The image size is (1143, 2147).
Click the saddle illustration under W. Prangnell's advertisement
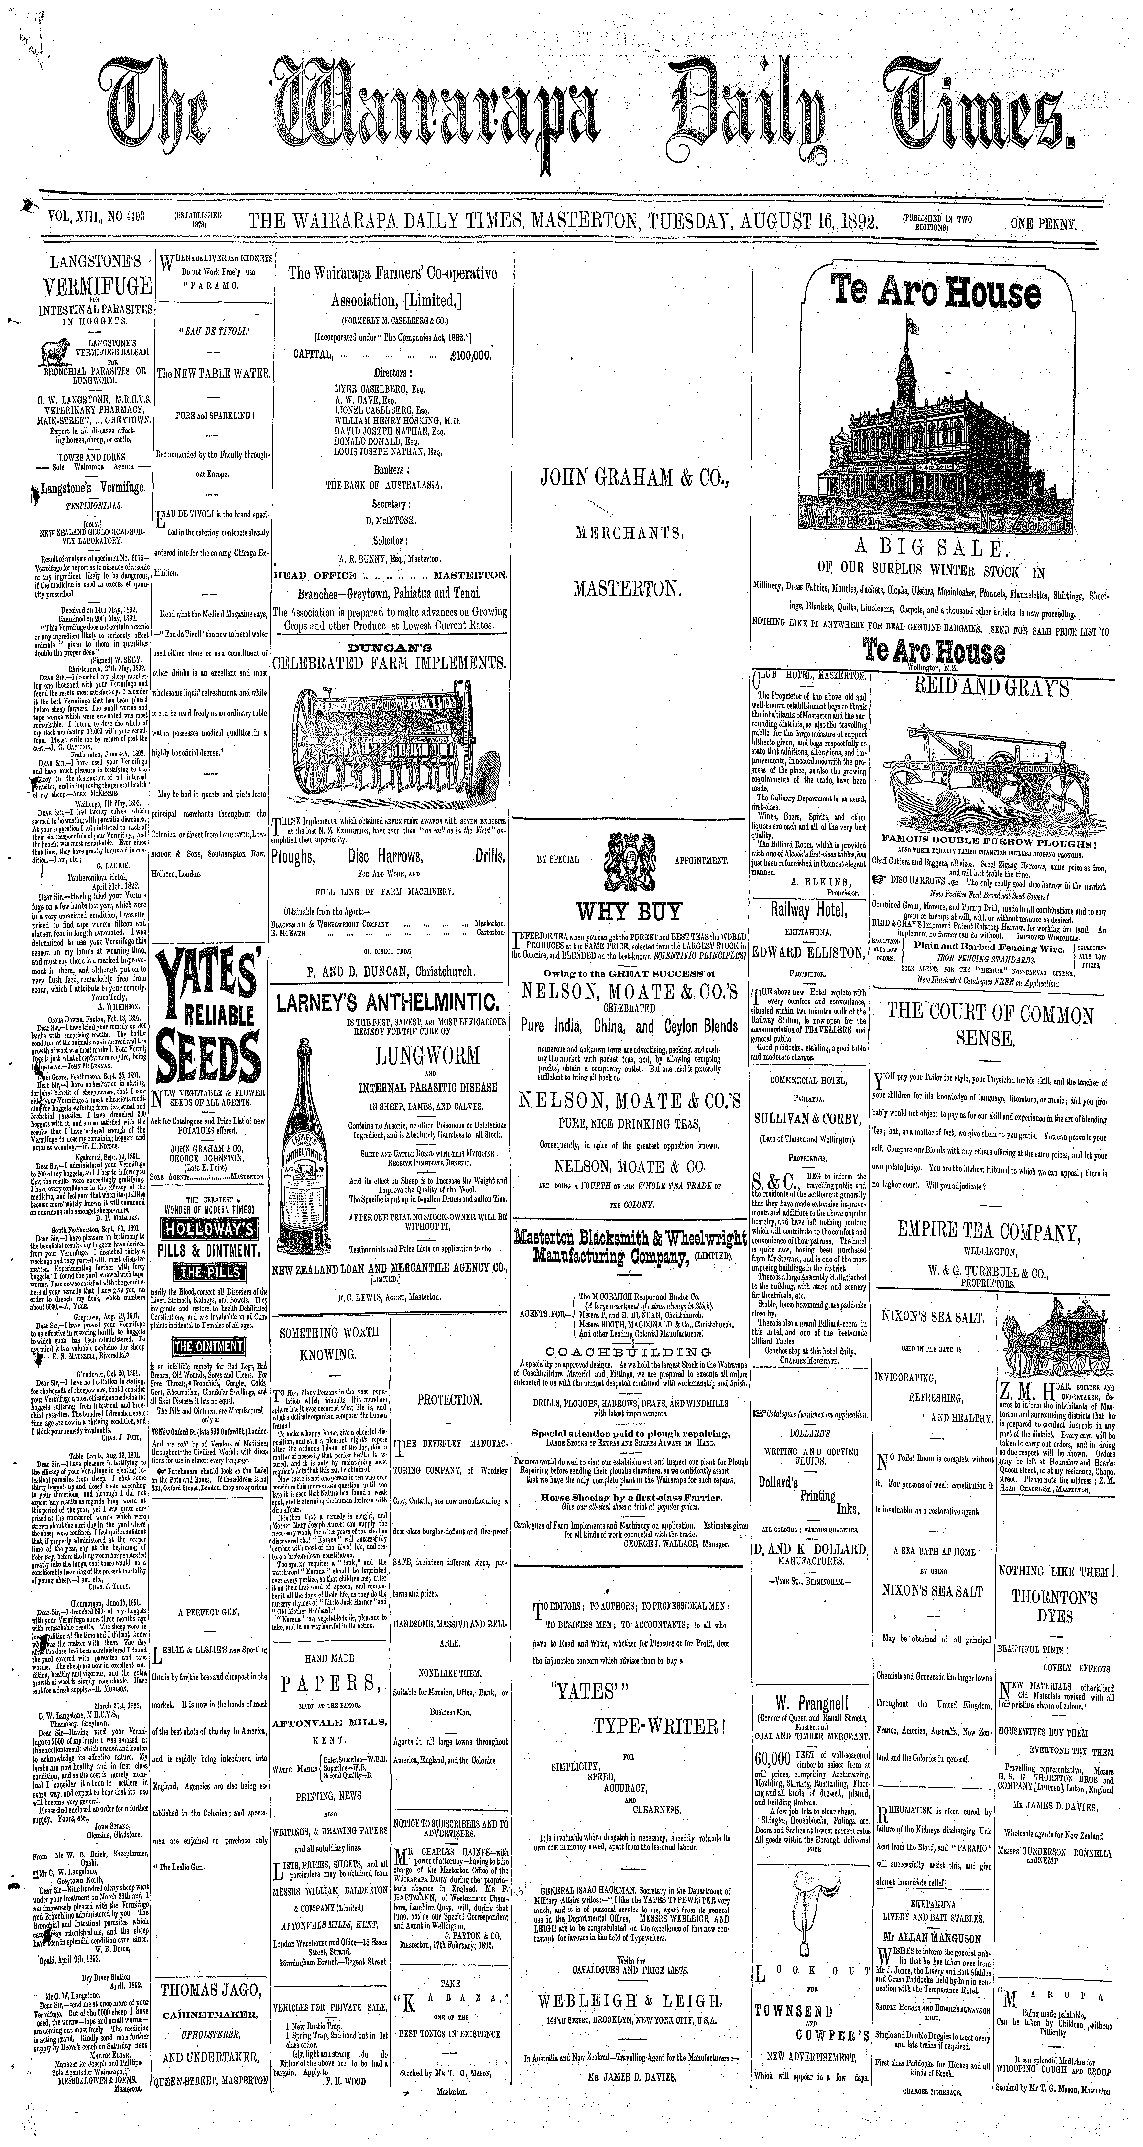tap(812, 1859)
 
